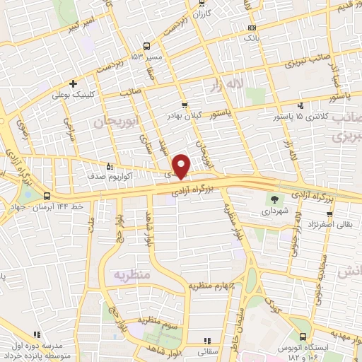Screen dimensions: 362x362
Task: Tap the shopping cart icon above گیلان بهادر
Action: click(x=185, y=104)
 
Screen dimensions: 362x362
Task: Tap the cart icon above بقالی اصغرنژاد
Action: click(x=329, y=214)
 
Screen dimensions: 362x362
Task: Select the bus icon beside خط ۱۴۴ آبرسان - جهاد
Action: click(x=47, y=196)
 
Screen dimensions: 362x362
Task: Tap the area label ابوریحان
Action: click(x=112, y=122)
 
